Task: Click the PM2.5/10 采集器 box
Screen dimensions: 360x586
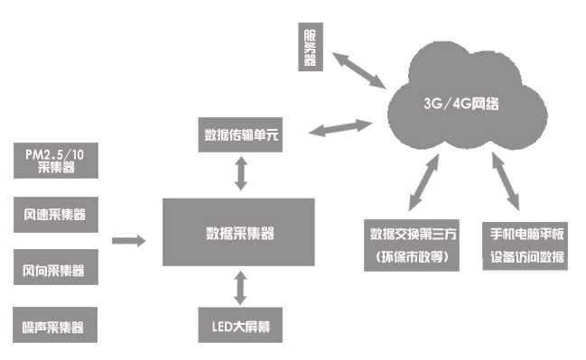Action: [x=57, y=160]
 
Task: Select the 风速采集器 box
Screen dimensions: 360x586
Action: [x=57, y=215]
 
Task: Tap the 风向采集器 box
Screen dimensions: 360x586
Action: [x=57, y=270]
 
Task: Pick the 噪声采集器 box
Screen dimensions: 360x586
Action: [x=57, y=325]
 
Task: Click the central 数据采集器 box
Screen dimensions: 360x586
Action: [x=239, y=233]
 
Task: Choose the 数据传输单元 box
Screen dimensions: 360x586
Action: [x=239, y=136]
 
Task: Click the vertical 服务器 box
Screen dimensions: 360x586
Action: [x=311, y=47]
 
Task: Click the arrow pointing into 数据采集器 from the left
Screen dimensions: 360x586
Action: [x=128, y=240]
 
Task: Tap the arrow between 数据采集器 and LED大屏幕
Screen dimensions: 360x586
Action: [x=239, y=287]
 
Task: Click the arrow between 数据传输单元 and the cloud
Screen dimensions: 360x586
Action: [x=342, y=128]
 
